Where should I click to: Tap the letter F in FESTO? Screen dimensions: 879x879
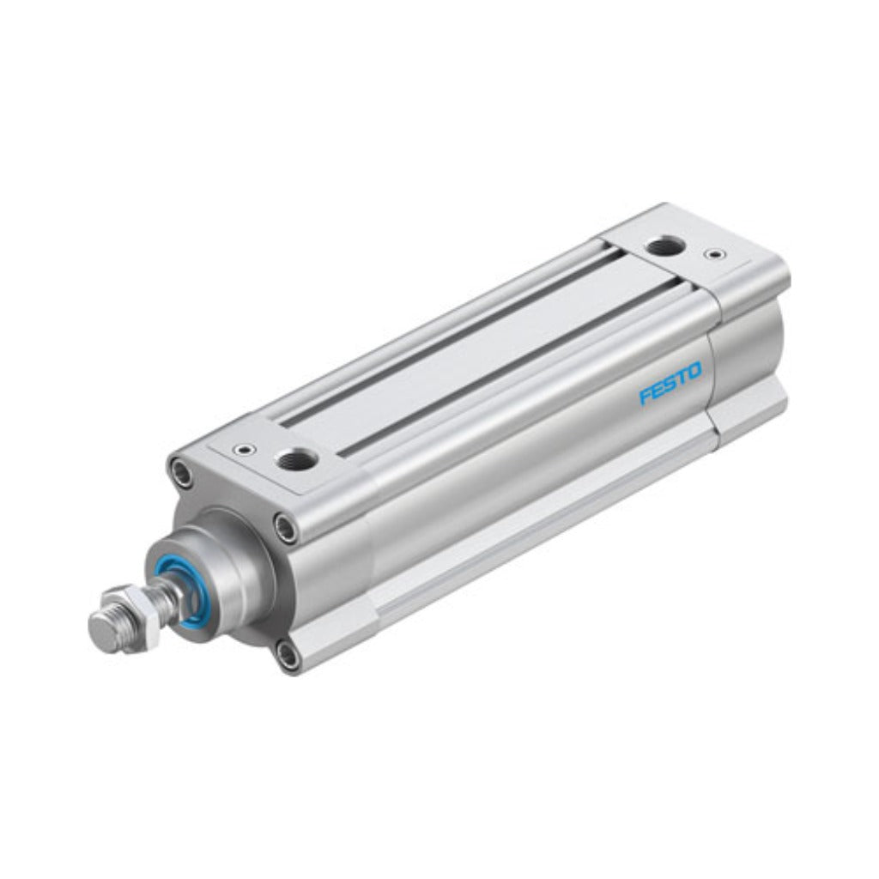pyautogui.click(x=646, y=397)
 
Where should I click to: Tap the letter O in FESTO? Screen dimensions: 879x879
pyautogui.click(x=694, y=372)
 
